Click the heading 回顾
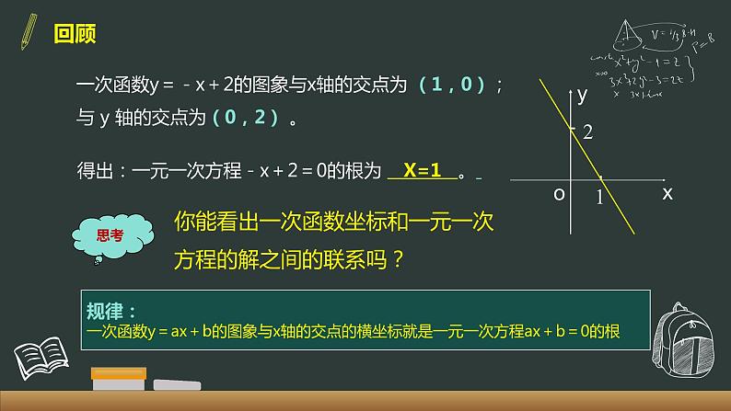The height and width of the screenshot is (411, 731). coord(75,35)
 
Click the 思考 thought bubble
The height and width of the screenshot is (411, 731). coord(110,235)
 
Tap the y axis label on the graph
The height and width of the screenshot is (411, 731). coord(581,95)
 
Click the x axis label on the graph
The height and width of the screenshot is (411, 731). coord(667,194)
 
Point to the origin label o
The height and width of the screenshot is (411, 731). coord(558,195)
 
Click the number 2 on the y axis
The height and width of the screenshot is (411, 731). coord(587,133)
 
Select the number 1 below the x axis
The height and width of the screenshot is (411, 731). coord(599,196)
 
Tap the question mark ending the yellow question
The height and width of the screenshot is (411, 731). coord(398,258)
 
